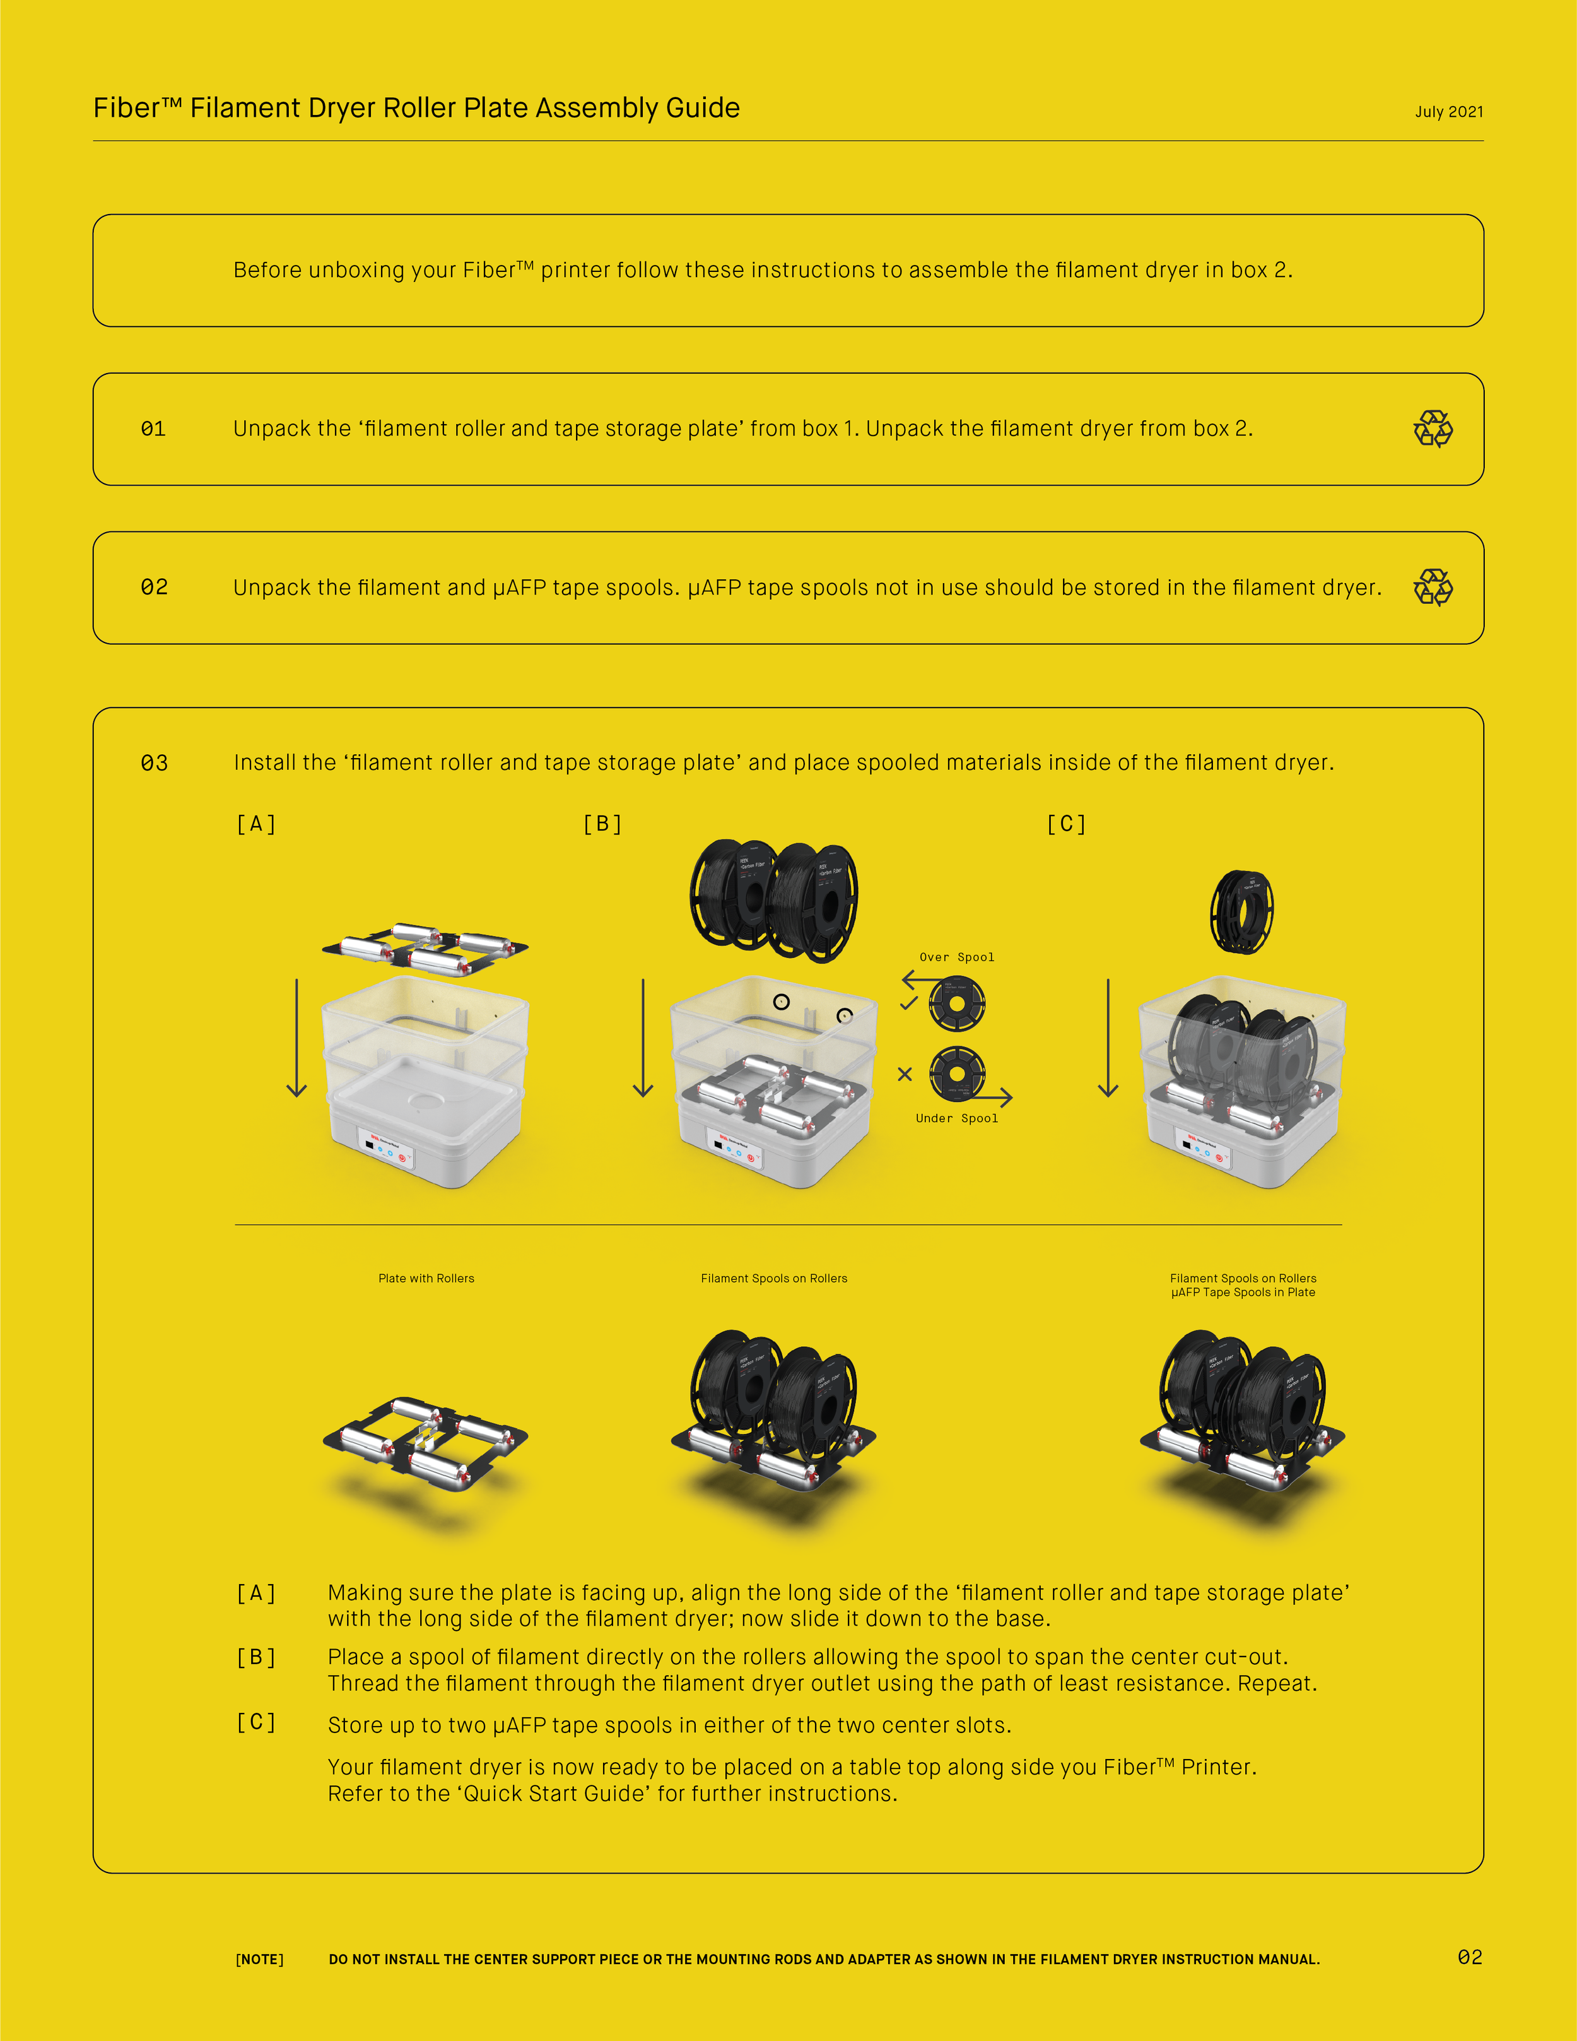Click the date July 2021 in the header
1448,112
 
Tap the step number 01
153,429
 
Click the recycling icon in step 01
1432,429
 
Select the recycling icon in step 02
1432,588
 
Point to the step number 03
154,764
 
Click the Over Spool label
957,957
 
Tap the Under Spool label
957,1118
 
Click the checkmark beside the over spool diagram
908,1003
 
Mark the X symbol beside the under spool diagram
905,1074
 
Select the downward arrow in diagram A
297,1038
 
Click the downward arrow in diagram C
1108,1038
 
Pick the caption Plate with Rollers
426,1279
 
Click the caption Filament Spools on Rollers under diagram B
773,1279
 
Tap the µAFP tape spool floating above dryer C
1241,911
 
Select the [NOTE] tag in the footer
260,1960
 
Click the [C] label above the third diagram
1066,824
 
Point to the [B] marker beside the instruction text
256,1658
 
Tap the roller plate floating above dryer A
425,949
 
